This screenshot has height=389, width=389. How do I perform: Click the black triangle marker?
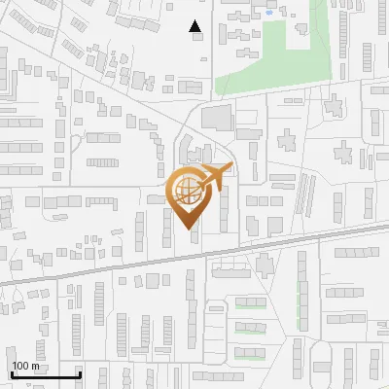pyautogui.click(x=195, y=27)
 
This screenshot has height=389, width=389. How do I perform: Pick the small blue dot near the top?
pyautogui.click(x=267, y=14)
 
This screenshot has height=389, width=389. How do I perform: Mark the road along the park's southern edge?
pyautogui.click(x=282, y=93)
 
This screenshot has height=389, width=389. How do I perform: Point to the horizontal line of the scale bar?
pyautogui.click(x=44, y=375)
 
